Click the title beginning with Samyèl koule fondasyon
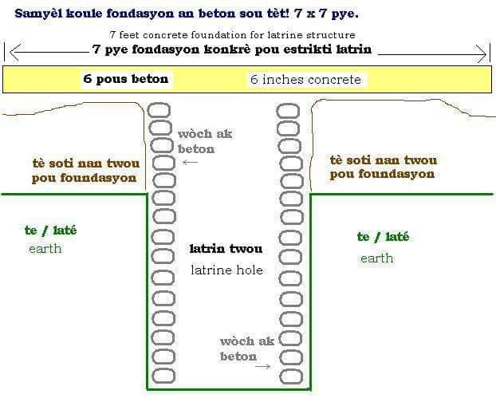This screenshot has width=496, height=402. (x=187, y=14)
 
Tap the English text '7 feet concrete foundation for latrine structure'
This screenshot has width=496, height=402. (x=233, y=35)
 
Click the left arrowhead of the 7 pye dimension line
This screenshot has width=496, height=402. (x=15, y=52)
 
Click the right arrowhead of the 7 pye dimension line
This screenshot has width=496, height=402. (x=481, y=53)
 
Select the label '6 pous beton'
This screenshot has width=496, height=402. (x=125, y=79)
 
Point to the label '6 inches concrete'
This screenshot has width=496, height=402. (x=305, y=80)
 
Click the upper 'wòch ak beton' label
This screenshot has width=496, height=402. (x=205, y=141)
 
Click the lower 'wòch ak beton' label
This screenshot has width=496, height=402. (x=247, y=349)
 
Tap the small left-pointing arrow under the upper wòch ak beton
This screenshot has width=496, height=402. (x=190, y=162)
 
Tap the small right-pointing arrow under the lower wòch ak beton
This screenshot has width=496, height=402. (x=263, y=367)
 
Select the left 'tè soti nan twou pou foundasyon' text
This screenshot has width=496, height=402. (x=86, y=171)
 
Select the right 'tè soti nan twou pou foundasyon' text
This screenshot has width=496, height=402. (x=384, y=167)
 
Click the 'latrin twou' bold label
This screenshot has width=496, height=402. (x=226, y=249)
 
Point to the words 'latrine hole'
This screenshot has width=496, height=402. (x=226, y=270)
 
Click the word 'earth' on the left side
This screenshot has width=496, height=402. (x=45, y=249)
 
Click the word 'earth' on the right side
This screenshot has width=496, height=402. (x=376, y=258)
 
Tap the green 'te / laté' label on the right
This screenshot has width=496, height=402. (x=383, y=237)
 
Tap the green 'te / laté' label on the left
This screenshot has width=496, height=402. (x=50, y=231)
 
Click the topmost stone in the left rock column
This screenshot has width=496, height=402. (x=159, y=110)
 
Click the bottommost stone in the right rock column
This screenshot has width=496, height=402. (x=291, y=377)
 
